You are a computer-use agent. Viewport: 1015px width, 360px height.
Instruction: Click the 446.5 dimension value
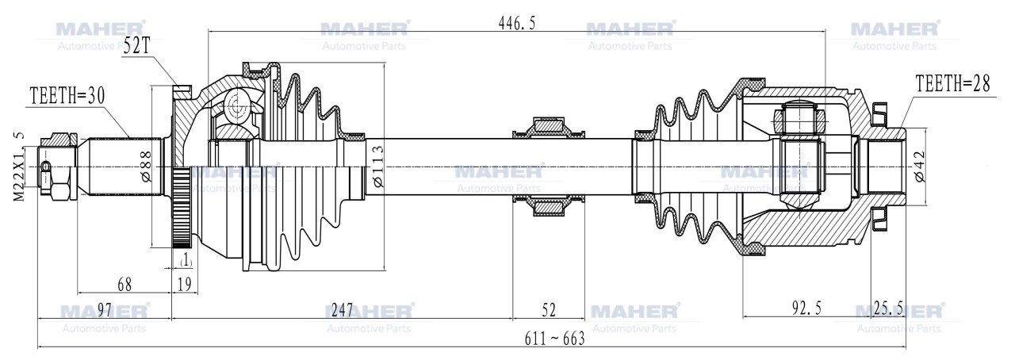click(517, 24)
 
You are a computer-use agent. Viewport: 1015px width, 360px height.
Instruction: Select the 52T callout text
click(136, 47)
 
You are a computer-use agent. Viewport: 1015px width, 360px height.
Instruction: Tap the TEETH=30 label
click(67, 96)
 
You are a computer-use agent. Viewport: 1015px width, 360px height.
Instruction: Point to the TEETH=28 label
click(952, 84)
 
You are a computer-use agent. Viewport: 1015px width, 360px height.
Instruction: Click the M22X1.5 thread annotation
click(18, 167)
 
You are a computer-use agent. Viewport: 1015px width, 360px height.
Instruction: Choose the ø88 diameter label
click(145, 167)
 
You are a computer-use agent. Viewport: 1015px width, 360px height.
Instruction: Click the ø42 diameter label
click(919, 167)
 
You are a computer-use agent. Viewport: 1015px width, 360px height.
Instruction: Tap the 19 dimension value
click(184, 284)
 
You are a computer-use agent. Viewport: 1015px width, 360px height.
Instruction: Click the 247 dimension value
click(341, 308)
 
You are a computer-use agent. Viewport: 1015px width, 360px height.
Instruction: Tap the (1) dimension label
click(185, 260)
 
